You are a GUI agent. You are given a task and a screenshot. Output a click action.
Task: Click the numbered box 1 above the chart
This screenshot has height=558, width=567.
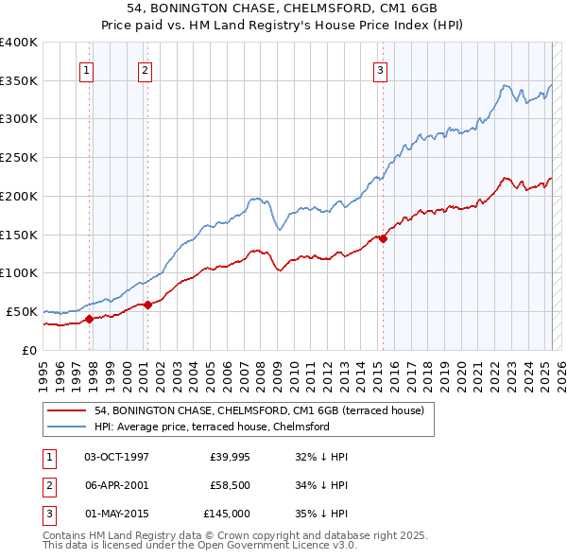point(86,69)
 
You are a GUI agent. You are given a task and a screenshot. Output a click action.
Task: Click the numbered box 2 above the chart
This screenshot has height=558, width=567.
point(145,69)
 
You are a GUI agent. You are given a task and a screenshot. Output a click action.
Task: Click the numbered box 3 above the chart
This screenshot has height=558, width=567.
point(379,69)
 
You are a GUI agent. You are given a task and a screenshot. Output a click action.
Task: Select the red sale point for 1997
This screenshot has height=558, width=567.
point(89,319)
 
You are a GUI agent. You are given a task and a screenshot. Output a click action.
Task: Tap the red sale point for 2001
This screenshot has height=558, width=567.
point(147,305)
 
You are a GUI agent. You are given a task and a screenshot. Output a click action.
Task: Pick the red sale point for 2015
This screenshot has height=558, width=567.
point(383,238)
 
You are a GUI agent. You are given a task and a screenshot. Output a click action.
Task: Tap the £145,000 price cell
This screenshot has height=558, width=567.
point(227,514)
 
